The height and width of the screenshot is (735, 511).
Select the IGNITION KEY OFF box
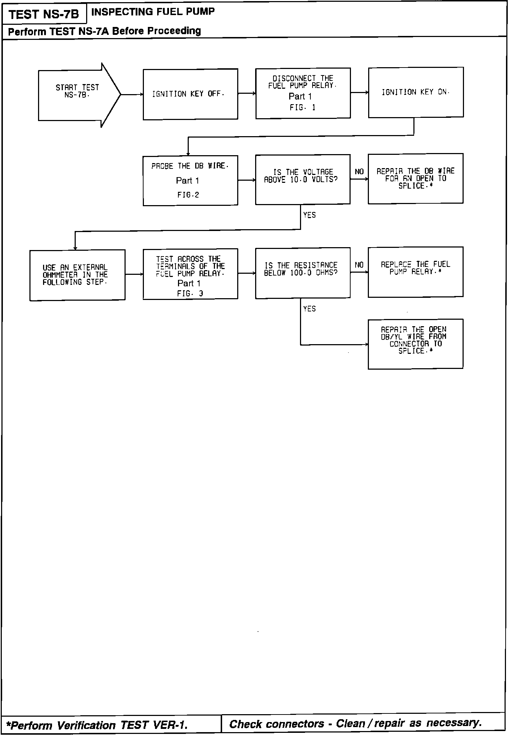190,94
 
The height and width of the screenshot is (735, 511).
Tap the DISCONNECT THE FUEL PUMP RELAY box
303,93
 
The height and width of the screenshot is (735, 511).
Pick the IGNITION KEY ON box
416,92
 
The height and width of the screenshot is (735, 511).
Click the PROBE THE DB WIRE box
190,180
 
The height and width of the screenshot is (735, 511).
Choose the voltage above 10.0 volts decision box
303,179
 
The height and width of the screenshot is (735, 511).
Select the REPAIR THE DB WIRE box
415,179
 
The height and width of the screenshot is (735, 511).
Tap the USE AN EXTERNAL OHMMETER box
77,275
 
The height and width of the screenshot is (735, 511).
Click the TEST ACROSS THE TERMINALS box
190,274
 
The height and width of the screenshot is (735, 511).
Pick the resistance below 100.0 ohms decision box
303,273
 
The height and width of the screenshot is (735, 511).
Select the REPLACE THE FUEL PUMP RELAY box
415,272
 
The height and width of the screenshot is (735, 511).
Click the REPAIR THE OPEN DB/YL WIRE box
415,344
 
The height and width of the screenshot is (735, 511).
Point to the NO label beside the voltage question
359,172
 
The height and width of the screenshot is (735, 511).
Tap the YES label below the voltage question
309,215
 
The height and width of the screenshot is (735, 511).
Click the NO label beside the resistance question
359,265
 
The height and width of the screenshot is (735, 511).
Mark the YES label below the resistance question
309,309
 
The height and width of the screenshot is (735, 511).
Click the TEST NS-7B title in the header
44,15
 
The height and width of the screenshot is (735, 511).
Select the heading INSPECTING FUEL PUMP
153,12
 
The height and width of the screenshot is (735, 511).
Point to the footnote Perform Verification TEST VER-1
98,725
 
